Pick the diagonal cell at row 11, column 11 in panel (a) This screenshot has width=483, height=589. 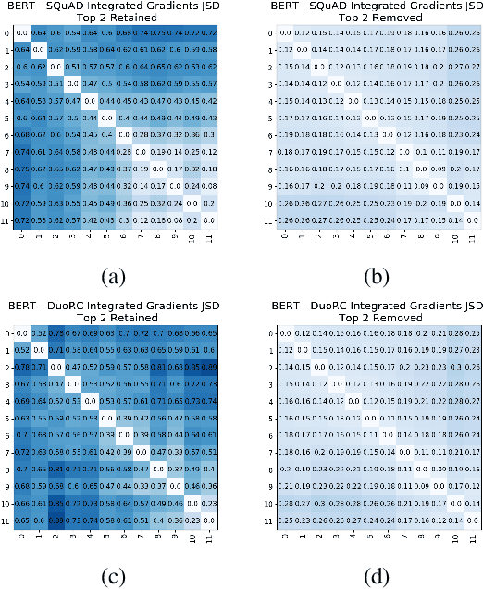click(210, 219)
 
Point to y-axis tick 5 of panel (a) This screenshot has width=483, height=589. click(7, 119)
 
